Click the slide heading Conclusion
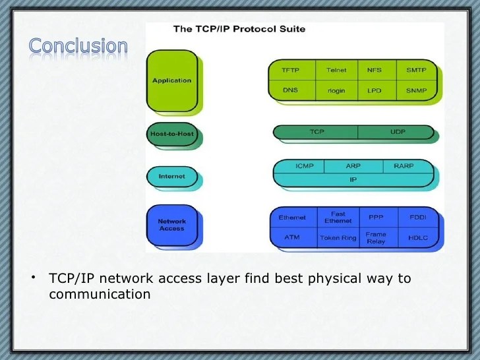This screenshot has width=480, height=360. pyautogui.click(x=78, y=45)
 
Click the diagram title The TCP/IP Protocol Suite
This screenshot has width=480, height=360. pyautogui.click(x=239, y=29)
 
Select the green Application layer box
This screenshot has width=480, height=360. pyautogui.click(x=171, y=80)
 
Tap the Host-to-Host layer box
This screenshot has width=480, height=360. pyautogui.click(x=171, y=135)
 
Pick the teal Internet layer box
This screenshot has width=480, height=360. pyautogui.click(x=171, y=176)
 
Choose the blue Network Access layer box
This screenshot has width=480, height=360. pyautogui.click(x=171, y=225)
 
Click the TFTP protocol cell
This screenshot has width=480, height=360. pyautogui.click(x=291, y=70)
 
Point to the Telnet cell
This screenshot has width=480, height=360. pyautogui.click(x=336, y=70)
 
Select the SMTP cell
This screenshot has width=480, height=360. pyautogui.click(x=416, y=70)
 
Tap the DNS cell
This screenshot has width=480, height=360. pyautogui.click(x=291, y=90)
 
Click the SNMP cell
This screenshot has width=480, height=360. pyautogui.click(x=416, y=90)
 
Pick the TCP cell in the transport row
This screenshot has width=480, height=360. pyautogui.click(x=317, y=132)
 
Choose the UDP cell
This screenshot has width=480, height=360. pyautogui.click(x=398, y=132)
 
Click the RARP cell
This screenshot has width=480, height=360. pyautogui.click(x=403, y=166)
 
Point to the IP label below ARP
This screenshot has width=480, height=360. pyautogui.click(x=353, y=179)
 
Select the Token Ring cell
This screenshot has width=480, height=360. pyautogui.click(x=338, y=237)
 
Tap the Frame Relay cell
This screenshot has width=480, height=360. pyautogui.click(x=376, y=237)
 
